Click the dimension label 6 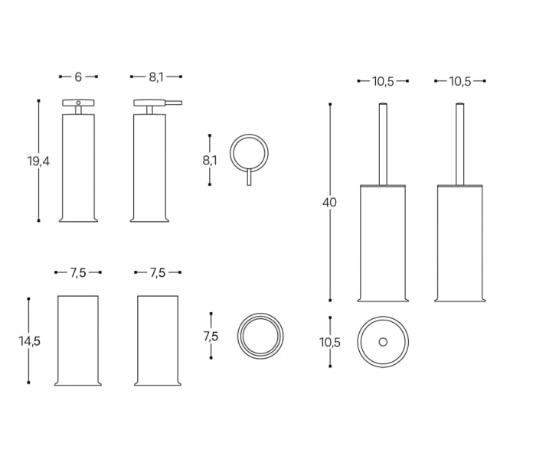click(78, 76)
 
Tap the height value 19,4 click(38, 161)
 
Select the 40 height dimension click(330, 203)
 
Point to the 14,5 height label click(29, 341)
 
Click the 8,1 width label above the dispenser click(156, 76)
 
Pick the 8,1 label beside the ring click(210, 160)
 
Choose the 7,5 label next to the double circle click(211, 336)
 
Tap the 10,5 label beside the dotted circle click(330, 342)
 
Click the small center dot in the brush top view click(383, 341)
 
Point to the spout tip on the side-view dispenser click(180, 102)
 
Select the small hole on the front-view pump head click(78, 102)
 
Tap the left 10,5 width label click(383, 81)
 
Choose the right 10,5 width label click(460, 81)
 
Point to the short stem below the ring click(250, 177)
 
